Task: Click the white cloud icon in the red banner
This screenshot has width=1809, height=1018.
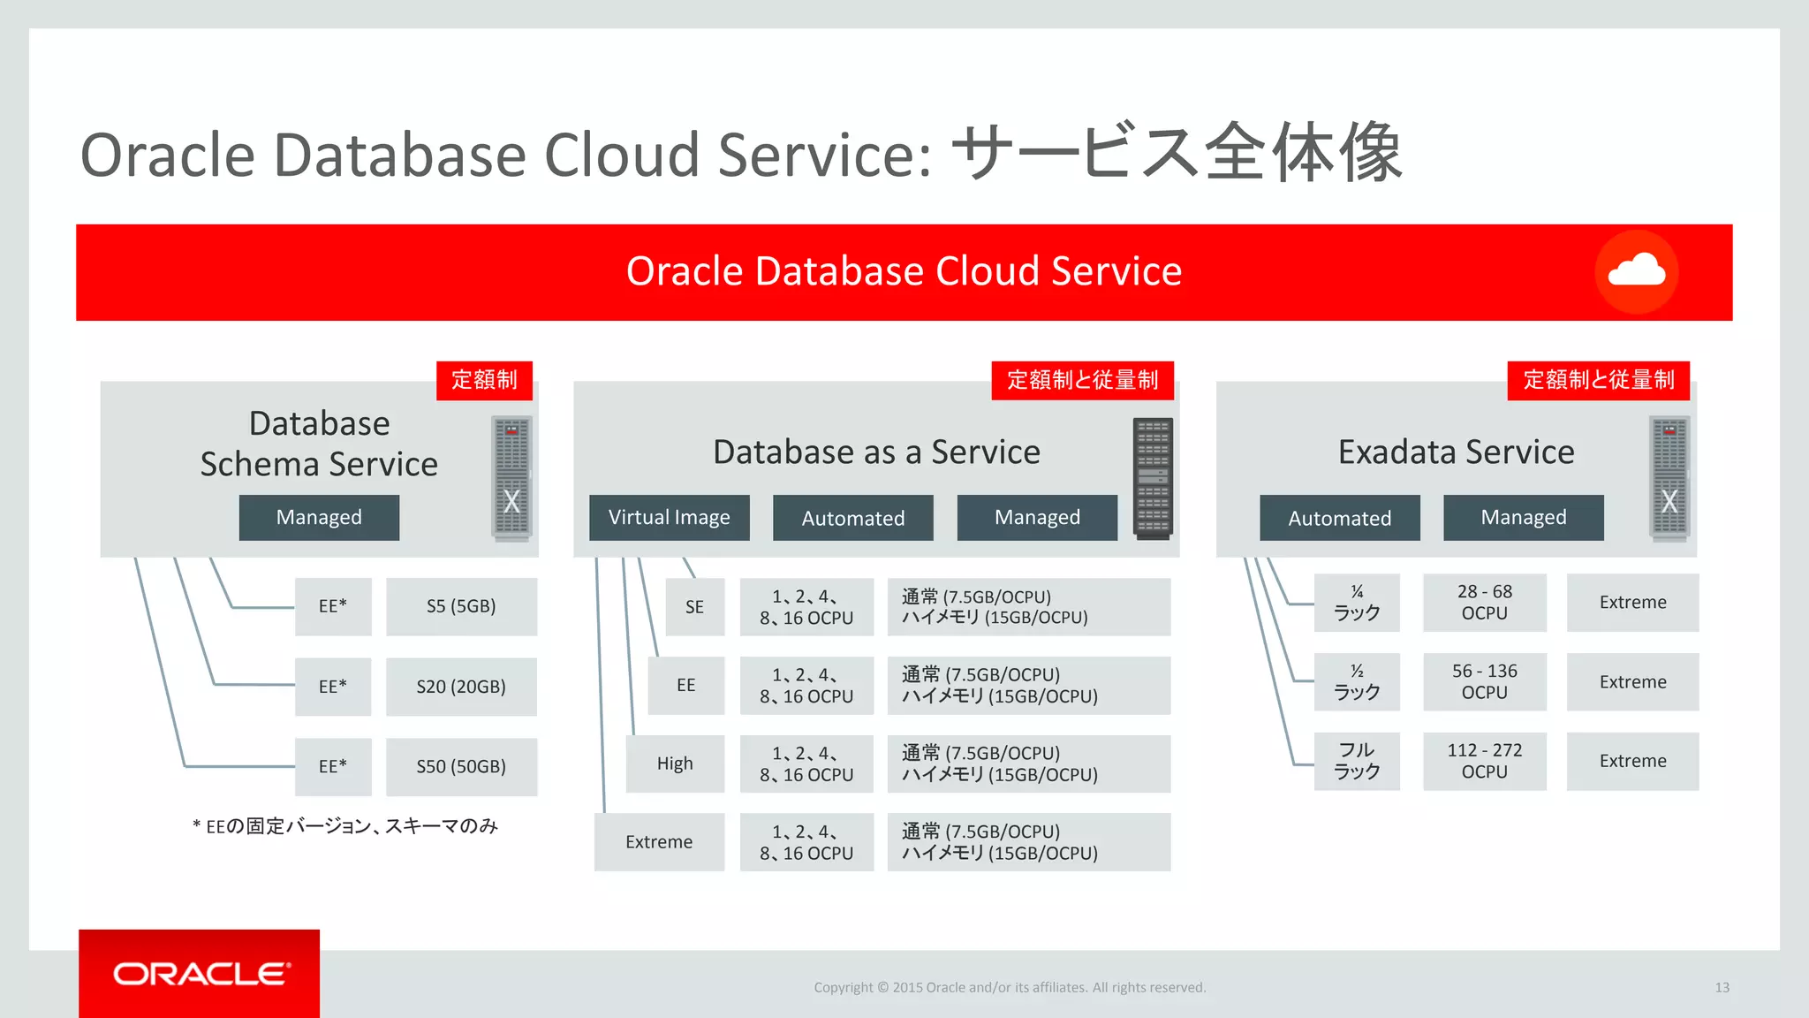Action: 1636,271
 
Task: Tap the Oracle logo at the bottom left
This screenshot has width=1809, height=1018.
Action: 200,973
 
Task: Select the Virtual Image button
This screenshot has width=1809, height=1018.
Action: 669,517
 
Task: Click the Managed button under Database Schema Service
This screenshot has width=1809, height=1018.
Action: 319,517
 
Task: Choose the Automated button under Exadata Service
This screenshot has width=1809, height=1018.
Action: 1339,518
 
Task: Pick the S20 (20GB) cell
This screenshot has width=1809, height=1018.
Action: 461,687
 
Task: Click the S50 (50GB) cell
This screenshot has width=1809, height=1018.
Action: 461,766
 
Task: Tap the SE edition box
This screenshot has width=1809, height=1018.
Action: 694,607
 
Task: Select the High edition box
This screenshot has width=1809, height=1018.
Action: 675,763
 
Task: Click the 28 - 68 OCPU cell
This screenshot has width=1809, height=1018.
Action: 1484,602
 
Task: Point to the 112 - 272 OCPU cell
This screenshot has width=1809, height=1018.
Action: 1484,761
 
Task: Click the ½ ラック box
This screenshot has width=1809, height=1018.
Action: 1356,681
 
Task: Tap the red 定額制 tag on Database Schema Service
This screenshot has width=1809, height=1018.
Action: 484,380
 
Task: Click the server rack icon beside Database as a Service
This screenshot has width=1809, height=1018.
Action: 1153,478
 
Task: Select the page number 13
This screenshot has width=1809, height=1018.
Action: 1722,987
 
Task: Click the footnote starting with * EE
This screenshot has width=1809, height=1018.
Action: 345,826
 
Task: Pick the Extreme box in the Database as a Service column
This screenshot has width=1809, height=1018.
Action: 659,842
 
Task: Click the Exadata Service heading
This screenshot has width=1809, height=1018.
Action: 1456,452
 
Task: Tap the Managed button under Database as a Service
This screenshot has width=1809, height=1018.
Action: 1037,517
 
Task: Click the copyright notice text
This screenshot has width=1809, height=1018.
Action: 1010,987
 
